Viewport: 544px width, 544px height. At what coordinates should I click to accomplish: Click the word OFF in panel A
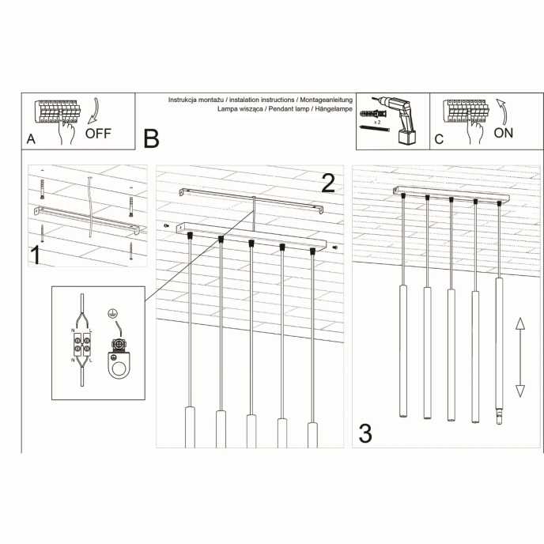tap(98, 133)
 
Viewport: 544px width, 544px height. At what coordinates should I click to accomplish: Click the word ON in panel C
tap(503, 133)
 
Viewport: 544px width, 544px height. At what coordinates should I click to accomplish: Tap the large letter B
tap(151, 139)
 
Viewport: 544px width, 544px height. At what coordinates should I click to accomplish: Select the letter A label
tap(31, 139)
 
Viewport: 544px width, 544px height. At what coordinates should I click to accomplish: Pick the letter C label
tap(440, 139)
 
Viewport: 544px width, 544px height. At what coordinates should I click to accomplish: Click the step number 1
tap(36, 255)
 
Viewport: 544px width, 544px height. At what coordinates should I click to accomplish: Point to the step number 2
tap(329, 183)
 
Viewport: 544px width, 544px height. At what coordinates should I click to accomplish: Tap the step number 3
tap(365, 433)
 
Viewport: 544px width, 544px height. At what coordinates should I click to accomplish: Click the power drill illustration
tap(402, 119)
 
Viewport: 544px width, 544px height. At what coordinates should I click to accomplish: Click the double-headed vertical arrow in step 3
tap(520, 357)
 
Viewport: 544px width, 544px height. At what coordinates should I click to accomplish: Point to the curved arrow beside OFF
tap(94, 110)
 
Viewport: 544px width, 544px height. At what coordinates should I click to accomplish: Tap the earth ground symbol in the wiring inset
tap(116, 314)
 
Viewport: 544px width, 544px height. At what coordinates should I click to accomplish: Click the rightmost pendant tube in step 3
tap(498, 348)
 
